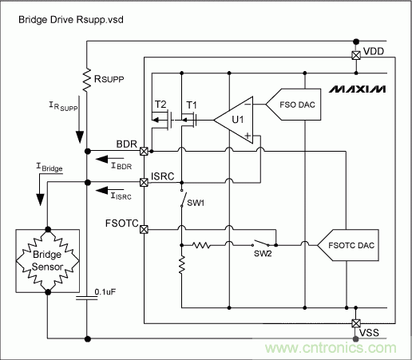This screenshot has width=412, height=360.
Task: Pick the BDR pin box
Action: pos(144,151)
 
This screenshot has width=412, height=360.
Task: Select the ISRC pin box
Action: pos(144,181)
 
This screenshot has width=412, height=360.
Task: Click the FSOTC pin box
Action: pos(144,229)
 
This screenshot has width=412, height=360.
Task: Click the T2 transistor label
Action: pos(160,105)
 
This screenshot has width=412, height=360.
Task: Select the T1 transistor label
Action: pos(191,105)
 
